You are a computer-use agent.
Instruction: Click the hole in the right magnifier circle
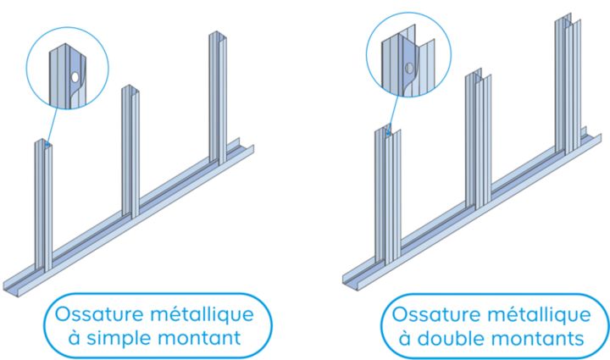click(x=409, y=67)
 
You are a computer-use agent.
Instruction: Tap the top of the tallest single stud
click(x=219, y=36)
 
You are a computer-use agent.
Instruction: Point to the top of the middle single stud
click(x=130, y=89)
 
